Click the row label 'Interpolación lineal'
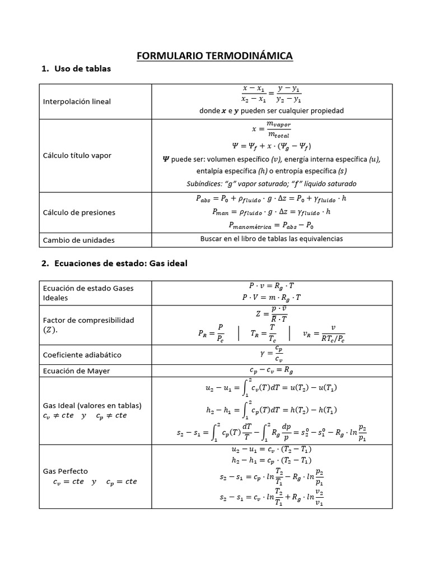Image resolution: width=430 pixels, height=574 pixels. (77, 101)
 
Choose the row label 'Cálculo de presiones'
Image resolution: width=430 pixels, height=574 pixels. (79, 212)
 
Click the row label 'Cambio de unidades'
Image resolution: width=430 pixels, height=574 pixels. (78, 240)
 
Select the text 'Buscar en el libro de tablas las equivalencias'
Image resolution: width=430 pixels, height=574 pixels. (272, 239)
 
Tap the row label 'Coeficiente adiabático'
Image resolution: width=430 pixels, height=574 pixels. (82, 355)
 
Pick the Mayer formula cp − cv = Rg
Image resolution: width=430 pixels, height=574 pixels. (272, 370)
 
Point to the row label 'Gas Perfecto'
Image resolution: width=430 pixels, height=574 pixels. (65, 471)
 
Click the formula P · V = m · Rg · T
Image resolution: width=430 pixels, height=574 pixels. (272, 298)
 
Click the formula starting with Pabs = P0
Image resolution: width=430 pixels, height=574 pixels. (272, 198)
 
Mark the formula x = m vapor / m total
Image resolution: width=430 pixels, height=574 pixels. (272, 129)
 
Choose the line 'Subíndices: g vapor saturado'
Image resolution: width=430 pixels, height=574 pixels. (272, 183)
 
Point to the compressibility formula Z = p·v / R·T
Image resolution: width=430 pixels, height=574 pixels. (272, 313)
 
